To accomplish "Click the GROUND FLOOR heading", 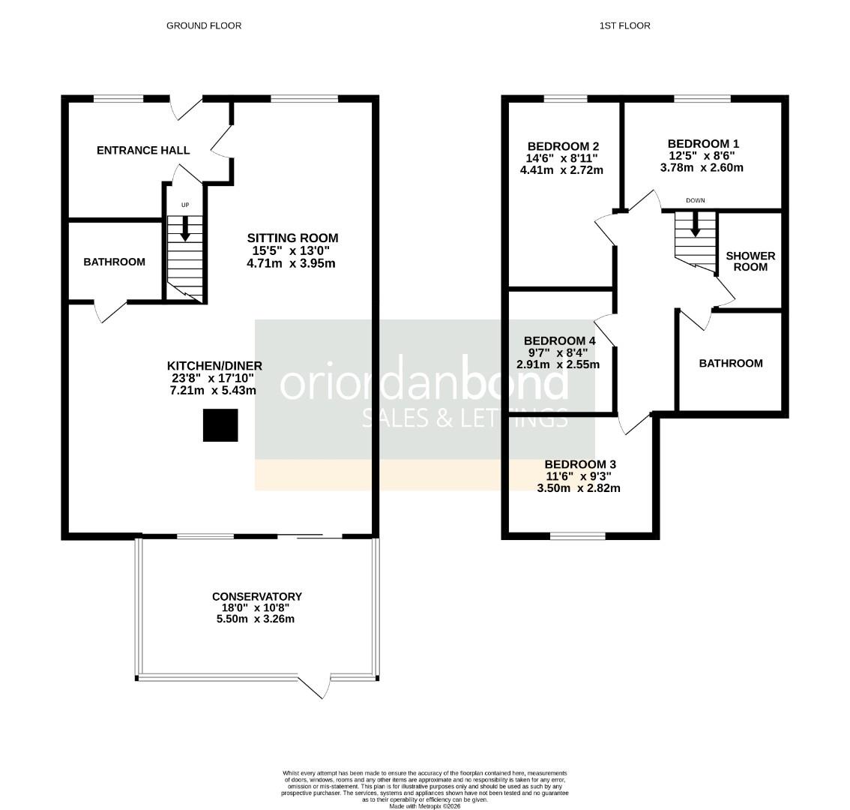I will tap(203, 25).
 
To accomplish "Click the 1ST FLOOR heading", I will tap(624, 25).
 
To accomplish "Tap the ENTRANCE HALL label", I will tap(143, 150).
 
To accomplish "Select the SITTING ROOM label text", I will tap(292, 238).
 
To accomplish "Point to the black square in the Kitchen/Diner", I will tap(220, 425).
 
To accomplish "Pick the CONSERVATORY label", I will tap(256, 597).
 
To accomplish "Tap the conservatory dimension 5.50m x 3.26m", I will tap(256, 619).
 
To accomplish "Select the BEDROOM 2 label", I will tap(562, 146).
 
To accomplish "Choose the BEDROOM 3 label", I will tap(579, 464).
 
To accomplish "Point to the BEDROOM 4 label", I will tap(559, 340).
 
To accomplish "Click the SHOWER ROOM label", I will tap(750, 261).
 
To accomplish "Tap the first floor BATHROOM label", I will tap(730, 363).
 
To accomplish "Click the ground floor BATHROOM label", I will tap(114, 262).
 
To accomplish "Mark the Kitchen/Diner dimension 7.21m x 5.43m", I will tap(214, 390).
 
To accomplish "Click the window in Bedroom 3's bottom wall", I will tap(578, 535).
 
